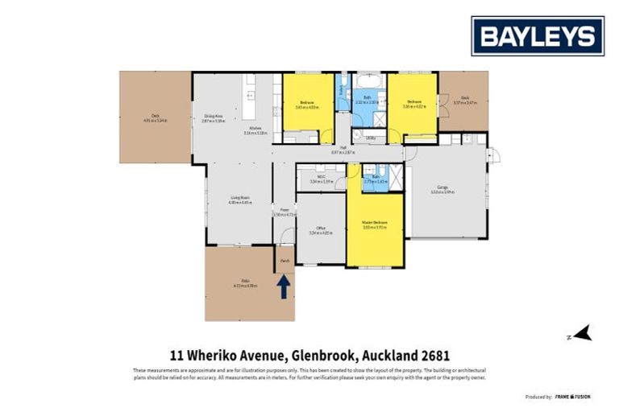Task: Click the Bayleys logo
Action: [538, 35]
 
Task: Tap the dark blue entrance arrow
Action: [285, 286]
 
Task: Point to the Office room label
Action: [321, 229]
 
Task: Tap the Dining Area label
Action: [214, 117]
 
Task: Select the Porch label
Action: [285, 261]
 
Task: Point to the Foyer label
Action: [285, 211]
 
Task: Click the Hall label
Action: [343, 148]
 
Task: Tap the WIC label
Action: [321, 178]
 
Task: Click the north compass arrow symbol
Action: [583, 333]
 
